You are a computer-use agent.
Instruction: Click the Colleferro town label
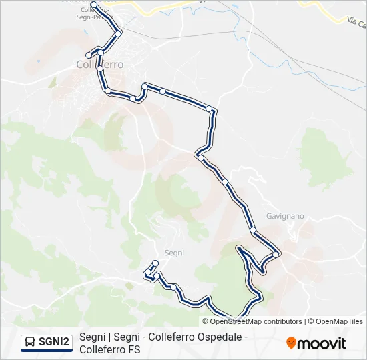tap(100, 65)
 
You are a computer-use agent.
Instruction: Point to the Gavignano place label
tap(285, 216)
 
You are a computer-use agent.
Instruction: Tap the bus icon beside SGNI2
tap(30, 342)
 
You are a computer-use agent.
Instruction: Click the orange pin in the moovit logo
tap(291, 343)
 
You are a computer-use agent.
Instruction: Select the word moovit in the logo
tap(322, 343)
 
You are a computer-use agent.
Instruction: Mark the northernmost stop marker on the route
tap(93, 5)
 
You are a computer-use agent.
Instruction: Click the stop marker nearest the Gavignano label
tap(276, 254)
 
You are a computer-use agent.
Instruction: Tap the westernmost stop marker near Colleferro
tap(88, 55)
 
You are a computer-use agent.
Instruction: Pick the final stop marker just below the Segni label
tap(155, 263)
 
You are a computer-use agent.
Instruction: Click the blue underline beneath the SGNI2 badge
tap(46, 351)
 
